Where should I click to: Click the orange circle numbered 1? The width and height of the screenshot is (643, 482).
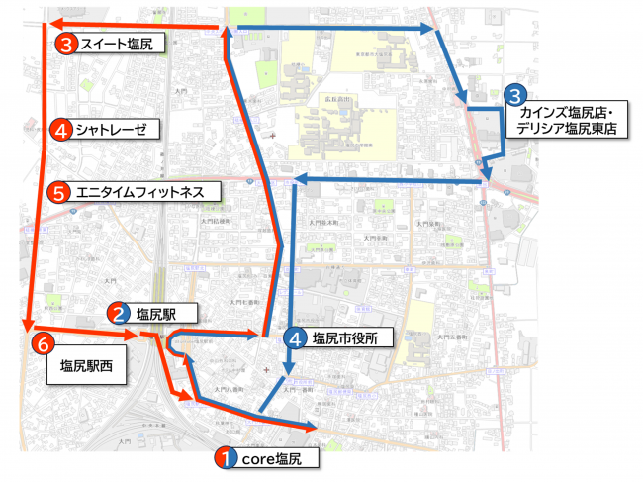(226, 458)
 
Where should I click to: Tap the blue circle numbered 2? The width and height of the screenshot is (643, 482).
(119, 314)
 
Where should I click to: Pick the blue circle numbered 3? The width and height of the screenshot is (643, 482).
(515, 95)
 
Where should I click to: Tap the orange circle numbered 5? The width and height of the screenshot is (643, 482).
(60, 192)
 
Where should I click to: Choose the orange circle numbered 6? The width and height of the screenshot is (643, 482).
(43, 343)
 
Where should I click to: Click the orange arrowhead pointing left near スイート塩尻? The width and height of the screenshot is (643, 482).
(56, 25)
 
